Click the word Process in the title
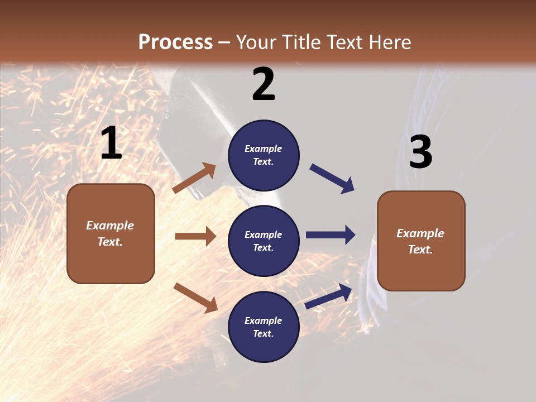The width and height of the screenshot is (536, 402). (175, 42)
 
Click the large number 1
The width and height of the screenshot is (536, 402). (111, 143)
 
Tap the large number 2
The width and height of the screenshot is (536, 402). (264, 85)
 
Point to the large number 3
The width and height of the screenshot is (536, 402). (420, 152)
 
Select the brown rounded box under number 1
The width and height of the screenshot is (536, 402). (111, 233)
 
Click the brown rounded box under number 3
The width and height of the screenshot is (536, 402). (421, 241)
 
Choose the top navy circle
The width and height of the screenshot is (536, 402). (264, 155)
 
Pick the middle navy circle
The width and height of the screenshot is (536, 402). (264, 241)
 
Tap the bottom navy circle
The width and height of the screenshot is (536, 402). (264, 327)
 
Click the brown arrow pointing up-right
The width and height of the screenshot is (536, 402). (194, 178)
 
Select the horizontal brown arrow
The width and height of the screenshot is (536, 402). (195, 236)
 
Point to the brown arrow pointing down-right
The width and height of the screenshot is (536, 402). (195, 298)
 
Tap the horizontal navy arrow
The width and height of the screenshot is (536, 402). (331, 235)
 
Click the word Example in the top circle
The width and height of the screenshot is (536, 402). (264, 149)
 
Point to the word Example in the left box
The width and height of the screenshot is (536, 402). (110, 226)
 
